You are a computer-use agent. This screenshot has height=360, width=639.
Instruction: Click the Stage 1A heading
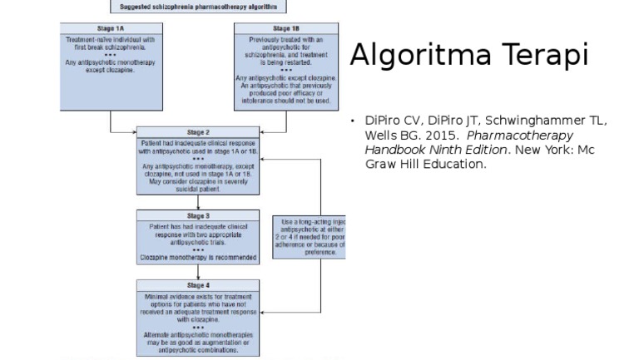click(103, 28)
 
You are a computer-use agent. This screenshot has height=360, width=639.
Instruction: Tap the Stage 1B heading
click(287, 28)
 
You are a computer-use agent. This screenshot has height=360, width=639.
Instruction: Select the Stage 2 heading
click(198, 132)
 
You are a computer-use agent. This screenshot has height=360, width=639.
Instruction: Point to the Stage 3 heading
click(198, 215)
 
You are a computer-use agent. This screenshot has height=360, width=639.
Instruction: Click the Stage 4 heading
click(198, 285)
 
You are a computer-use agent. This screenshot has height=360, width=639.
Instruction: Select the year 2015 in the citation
click(441, 135)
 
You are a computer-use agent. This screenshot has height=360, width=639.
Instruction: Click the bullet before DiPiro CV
click(353, 121)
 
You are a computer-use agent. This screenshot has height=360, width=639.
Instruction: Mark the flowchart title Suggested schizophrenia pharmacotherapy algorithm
click(198, 7)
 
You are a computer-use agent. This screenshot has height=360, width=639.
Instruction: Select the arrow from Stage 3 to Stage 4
click(198, 271)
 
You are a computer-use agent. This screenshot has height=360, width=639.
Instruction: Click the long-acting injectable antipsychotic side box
click(309, 237)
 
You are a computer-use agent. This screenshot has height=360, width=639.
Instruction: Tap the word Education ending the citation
click(457, 164)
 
